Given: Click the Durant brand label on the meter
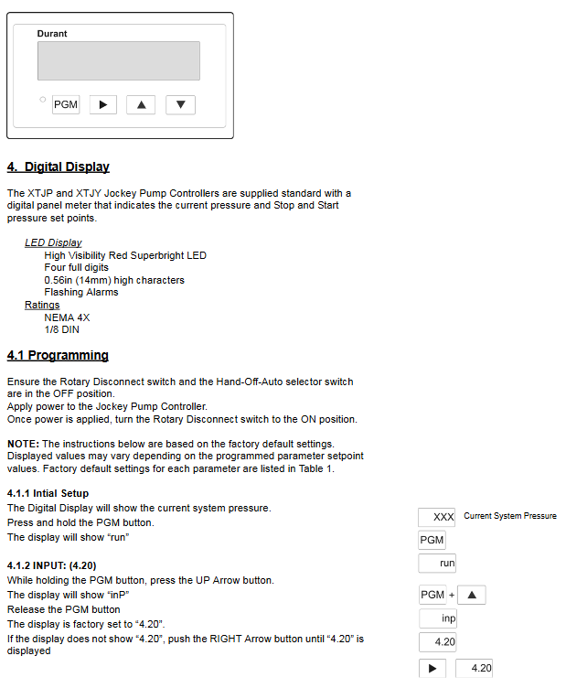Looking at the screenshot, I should (52, 34).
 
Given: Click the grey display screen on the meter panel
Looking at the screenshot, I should (118, 60).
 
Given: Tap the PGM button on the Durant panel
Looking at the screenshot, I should (66, 104).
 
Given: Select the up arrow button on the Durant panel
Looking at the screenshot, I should (140, 104).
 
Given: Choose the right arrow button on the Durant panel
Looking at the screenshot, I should (102, 104).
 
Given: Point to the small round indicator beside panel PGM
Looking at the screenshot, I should (43, 100).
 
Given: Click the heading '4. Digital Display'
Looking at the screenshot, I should (59, 167).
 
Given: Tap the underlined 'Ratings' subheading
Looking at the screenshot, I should (42, 305).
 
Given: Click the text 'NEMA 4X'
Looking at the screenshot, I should (67, 317).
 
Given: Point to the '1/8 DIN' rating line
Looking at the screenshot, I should (61, 329).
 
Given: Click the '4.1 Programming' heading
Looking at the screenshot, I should (58, 355).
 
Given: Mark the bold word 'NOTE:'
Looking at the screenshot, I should (23, 444).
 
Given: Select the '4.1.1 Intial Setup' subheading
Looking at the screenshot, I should (48, 493).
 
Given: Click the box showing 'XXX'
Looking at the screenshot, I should (437, 517).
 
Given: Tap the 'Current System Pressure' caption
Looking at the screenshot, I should (509, 516).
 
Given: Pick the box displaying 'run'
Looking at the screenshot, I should (437, 563).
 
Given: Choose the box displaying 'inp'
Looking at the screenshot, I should (437, 618).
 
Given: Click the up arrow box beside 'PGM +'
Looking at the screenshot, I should (471, 596).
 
